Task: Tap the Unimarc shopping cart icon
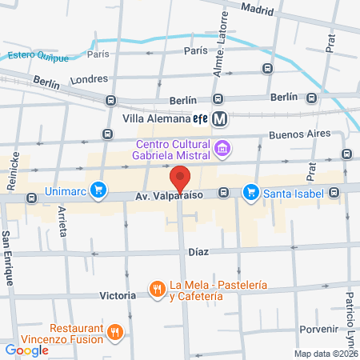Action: coord(98,190)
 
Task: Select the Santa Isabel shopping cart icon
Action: coord(251,191)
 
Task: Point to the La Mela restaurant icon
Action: coord(157,288)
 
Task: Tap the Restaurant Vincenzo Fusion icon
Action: coord(117,333)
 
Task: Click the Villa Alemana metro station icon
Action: coord(222,119)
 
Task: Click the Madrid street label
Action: coord(256,11)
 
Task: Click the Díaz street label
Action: coord(198,251)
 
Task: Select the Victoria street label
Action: coord(118,295)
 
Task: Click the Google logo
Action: coord(26,350)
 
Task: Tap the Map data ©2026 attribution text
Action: coord(326,354)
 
